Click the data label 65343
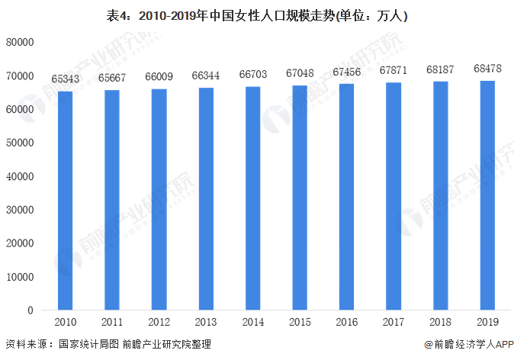pyautogui.click(x=66, y=79)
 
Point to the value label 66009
pyautogui.click(x=159, y=77)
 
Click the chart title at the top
pyautogui.click(x=257, y=13)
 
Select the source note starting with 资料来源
pyautogui.click(x=108, y=346)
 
